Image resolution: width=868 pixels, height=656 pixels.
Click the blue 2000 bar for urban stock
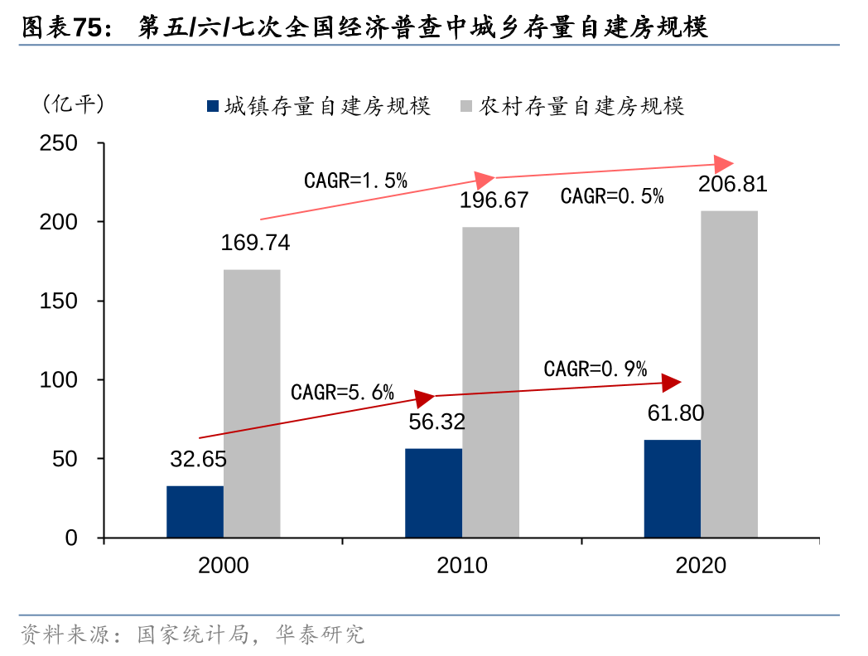click(195, 511)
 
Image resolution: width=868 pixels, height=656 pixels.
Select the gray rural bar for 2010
click(490, 382)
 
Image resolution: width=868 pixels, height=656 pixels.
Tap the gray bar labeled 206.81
click(729, 374)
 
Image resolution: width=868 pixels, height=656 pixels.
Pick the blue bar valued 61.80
click(672, 488)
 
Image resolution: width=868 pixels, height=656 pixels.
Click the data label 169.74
click(255, 243)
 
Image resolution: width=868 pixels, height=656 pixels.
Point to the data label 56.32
click(437, 422)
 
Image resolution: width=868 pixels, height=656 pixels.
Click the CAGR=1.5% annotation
click(356, 180)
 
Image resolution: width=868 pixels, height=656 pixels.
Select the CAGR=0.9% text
click(596, 369)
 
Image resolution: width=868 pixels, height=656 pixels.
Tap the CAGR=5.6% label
click(342, 392)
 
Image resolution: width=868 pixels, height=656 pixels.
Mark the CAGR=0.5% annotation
click(612, 196)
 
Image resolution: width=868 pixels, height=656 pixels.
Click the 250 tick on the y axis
click(59, 143)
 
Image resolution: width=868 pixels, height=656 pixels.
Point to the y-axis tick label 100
click(59, 379)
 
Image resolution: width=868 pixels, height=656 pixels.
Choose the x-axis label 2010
click(462, 566)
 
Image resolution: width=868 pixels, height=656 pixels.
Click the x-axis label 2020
click(701, 566)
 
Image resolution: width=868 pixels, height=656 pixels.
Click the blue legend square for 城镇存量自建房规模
click(213, 106)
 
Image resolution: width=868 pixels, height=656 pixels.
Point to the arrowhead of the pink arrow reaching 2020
click(726, 164)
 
